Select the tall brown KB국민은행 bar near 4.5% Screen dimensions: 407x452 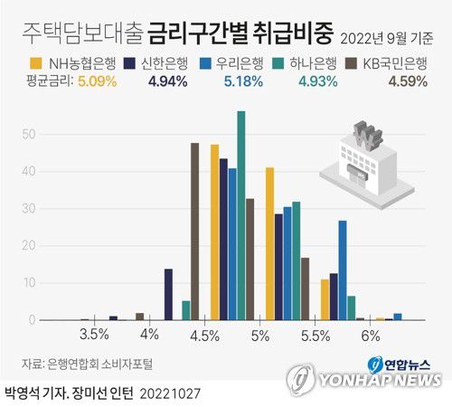(x=195, y=232)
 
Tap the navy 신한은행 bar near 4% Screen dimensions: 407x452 (x=168, y=294)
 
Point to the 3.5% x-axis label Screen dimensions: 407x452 (x=94, y=335)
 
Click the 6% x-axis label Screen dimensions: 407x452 (x=370, y=335)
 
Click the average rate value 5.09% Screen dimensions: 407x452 (x=97, y=81)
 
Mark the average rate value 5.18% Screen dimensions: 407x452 (x=244, y=81)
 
